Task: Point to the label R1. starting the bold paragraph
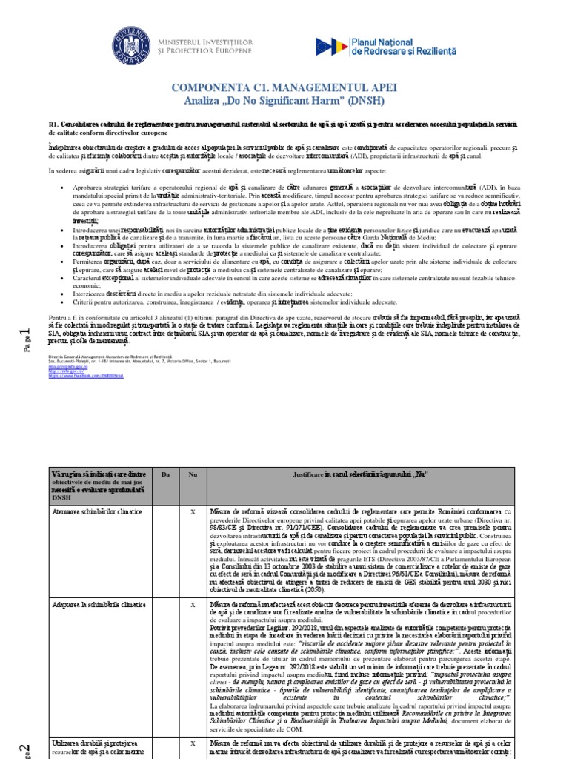tap(53, 124)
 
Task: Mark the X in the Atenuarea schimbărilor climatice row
tap(193, 511)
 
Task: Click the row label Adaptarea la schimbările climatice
tap(98, 605)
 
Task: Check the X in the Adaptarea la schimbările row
tap(193, 605)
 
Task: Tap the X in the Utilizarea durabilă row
tap(193, 742)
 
